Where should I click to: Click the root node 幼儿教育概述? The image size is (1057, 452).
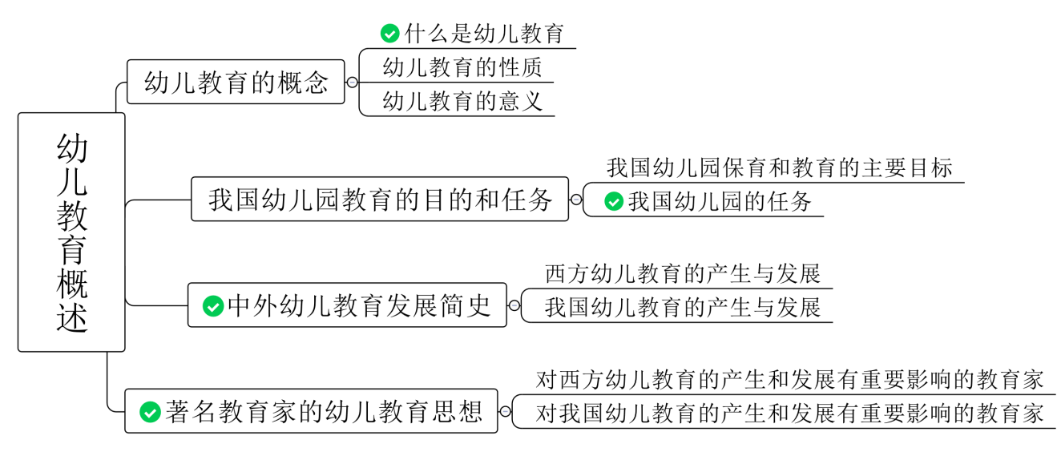(x=71, y=232)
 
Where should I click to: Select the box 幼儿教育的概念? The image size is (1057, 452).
(x=236, y=82)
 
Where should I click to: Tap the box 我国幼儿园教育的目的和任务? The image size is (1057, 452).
(x=380, y=200)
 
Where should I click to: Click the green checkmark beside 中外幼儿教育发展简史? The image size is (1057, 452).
(x=213, y=305)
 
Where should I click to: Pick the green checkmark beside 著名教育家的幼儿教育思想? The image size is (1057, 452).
(x=150, y=412)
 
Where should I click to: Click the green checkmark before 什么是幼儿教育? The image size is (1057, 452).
(x=390, y=34)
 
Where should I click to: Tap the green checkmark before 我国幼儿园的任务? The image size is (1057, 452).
(x=614, y=202)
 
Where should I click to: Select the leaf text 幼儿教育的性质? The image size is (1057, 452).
(x=462, y=67)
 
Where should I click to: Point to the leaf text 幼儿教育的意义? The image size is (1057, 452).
(x=462, y=101)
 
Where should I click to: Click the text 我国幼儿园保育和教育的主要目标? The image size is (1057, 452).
(x=779, y=168)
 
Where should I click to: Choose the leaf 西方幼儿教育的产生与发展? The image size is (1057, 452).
(x=683, y=274)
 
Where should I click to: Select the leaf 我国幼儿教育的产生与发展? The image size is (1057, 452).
(x=683, y=308)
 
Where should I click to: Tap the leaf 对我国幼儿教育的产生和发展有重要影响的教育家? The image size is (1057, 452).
(x=789, y=414)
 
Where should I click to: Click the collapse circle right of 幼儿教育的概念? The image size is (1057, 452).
(x=352, y=82)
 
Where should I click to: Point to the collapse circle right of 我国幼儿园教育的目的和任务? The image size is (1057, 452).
(x=575, y=200)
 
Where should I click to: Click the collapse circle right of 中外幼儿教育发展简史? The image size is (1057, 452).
(x=514, y=305)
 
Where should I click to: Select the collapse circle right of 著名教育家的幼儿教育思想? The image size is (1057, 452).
(x=505, y=412)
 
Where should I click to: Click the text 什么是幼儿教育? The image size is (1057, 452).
(x=484, y=34)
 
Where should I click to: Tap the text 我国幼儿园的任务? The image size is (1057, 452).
(x=720, y=202)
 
